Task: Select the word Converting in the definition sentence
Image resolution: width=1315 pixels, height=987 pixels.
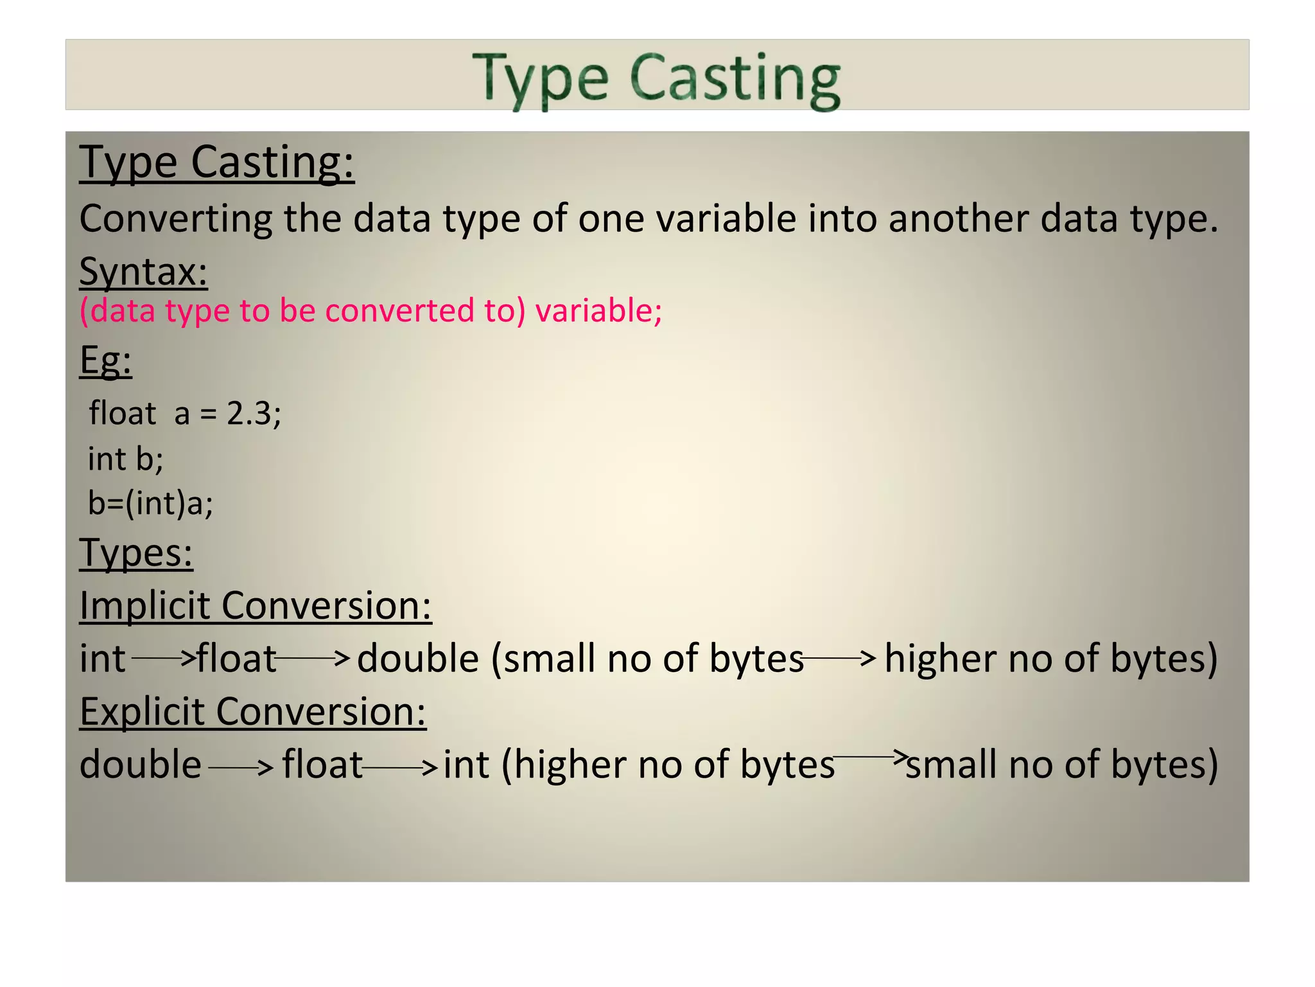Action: coord(175,218)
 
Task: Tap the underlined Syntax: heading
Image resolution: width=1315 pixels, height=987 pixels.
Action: coord(143,271)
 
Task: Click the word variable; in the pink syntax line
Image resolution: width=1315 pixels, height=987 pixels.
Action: coord(598,310)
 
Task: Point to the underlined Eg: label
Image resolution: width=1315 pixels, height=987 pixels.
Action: coord(105,360)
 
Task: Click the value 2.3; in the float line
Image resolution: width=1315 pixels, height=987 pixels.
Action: coord(254,413)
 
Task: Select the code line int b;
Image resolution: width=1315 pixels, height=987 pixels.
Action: coord(126,459)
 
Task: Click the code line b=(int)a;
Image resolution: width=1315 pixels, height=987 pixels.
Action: coord(150,502)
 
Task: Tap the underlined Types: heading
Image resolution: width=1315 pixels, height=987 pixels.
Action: coord(136,552)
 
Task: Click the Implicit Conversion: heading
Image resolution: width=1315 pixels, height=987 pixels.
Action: coord(256,605)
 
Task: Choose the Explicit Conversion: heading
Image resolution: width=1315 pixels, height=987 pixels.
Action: coord(253,711)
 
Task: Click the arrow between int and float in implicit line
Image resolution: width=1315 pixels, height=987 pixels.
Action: coord(163,657)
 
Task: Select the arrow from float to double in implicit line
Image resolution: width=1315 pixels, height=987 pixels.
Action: coord(312,657)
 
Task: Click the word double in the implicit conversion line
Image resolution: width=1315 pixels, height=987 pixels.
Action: coord(418,659)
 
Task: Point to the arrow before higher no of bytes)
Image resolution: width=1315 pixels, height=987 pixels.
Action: coord(839,657)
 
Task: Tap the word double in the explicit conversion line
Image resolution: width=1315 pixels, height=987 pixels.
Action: coord(141,765)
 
